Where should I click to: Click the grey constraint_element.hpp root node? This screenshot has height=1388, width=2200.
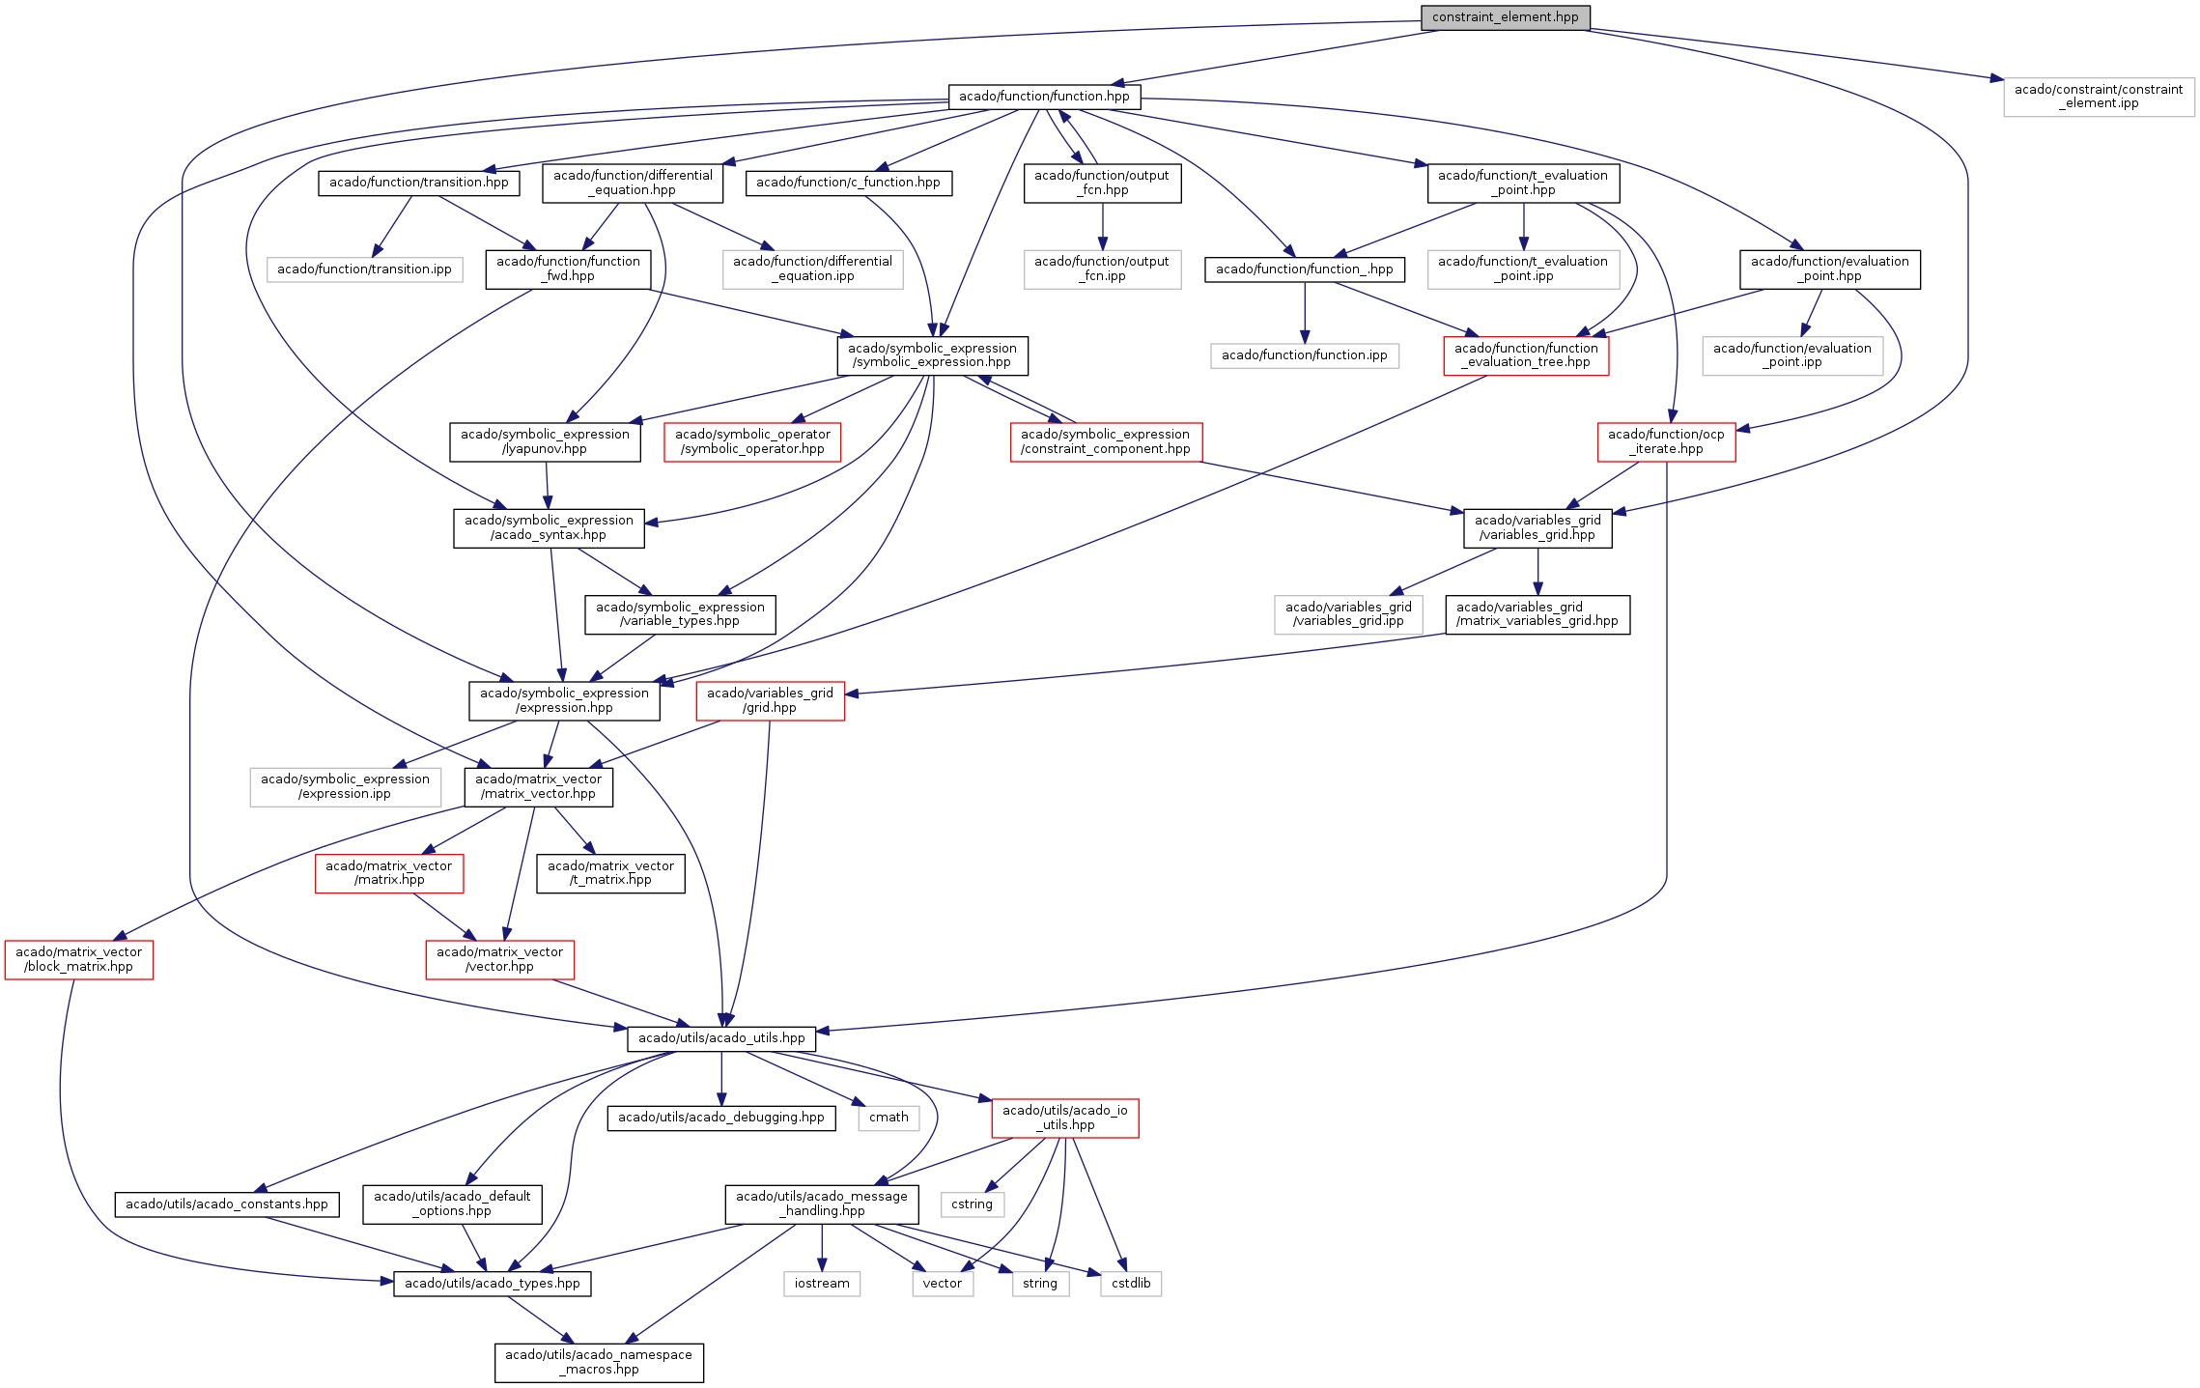tap(1505, 17)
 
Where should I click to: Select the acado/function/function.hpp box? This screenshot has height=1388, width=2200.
tap(1044, 97)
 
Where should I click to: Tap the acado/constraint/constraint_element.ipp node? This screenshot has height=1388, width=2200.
tap(2098, 97)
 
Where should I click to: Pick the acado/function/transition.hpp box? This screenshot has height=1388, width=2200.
tap(418, 183)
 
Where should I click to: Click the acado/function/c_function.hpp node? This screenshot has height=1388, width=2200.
tap(848, 183)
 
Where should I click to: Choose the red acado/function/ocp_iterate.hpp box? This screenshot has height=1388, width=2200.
tap(1666, 441)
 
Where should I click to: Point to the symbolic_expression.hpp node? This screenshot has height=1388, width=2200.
tap(932, 355)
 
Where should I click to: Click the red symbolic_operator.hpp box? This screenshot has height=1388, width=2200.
tap(752, 441)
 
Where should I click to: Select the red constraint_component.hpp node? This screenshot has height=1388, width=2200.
tap(1106, 441)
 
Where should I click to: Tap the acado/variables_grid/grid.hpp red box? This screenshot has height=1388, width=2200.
tap(770, 700)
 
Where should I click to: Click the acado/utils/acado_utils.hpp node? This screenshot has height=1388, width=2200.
tap(721, 1038)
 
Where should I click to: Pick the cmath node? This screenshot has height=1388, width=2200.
tap(888, 1118)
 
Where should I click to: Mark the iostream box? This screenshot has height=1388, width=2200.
tap(822, 1284)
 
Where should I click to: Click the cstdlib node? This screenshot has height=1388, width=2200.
tap(1131, 1284)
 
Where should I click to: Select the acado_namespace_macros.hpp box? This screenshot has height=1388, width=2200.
tap(599, 1362)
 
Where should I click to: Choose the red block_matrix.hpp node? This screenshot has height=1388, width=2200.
tap(79, 959)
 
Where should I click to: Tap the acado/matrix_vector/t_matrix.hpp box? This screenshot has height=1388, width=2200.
tap(610, 873)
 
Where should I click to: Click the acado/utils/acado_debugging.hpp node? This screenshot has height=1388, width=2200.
tap(721, 1118)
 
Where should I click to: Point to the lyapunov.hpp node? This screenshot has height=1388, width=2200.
tap(545, 441)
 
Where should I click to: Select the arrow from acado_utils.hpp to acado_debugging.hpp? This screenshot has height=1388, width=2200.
tap(721, 1078)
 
